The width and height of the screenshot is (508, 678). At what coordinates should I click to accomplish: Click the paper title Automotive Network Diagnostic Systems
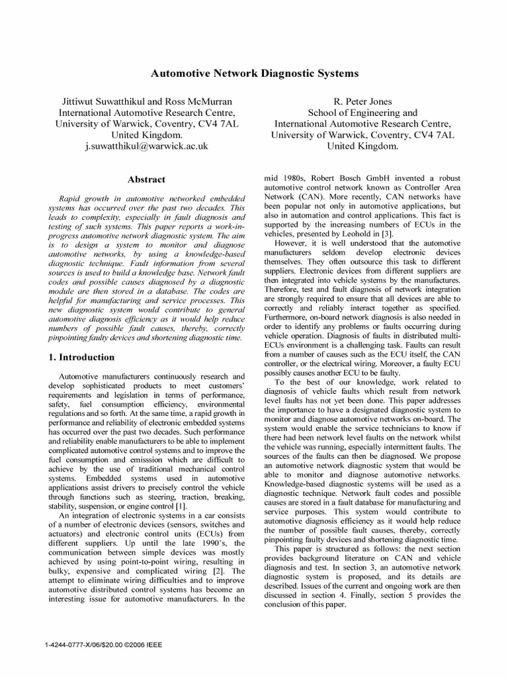pyautogui.click(x=254, y=73)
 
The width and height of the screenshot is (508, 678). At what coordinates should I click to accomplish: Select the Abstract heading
pyautogui.click(x=146, y=179)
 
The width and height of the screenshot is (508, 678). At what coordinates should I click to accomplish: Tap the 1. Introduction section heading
pyautogui.click(x=82, y=358)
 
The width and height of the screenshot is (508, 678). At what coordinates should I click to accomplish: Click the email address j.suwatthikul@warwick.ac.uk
pyautogui.click(x=146, y=145)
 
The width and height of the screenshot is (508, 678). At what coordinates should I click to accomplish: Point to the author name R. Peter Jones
pyautogui.click(x=363, y=101)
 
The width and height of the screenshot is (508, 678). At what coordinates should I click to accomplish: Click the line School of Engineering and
pyautogui.click(x=363, y=113)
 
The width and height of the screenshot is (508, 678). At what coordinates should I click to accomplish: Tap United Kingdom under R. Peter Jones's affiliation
pyautogui.click(x=363, y=146)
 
